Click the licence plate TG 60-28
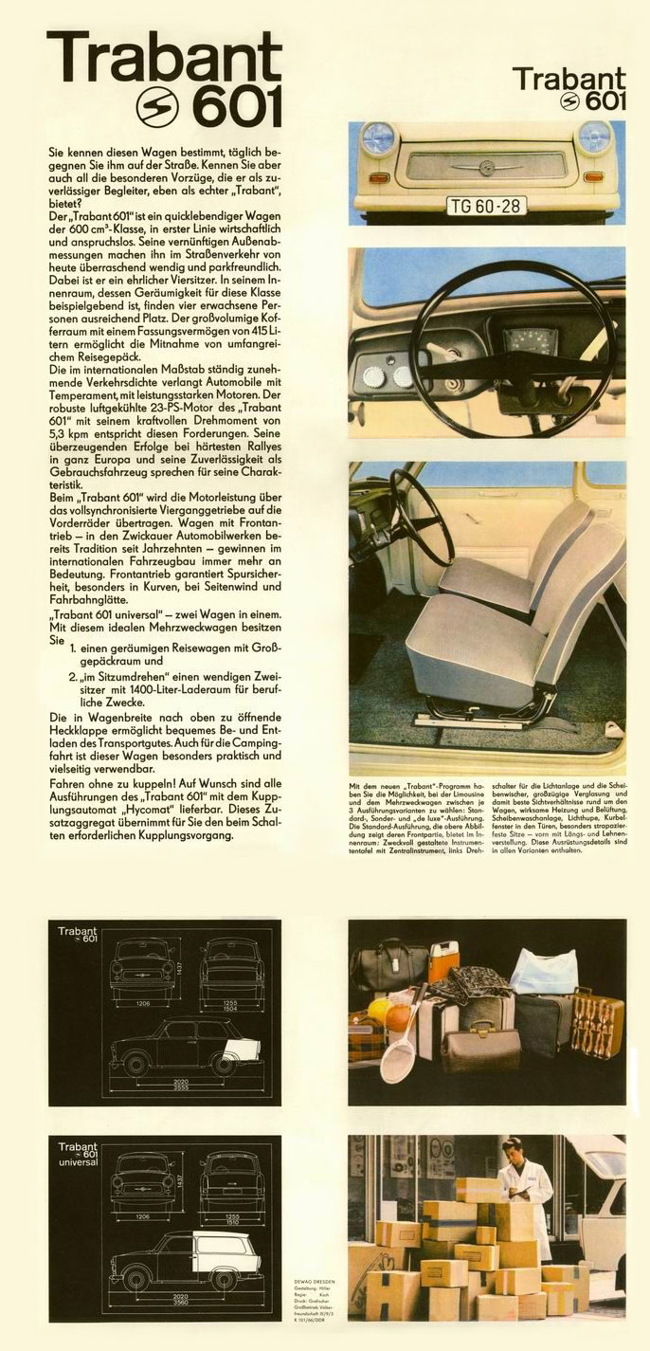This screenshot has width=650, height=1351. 486,205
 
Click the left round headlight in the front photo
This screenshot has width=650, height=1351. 378,138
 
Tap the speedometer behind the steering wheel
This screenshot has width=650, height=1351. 518,342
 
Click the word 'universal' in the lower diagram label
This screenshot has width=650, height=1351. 78,1162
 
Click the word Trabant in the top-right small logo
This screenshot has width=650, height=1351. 569,80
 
